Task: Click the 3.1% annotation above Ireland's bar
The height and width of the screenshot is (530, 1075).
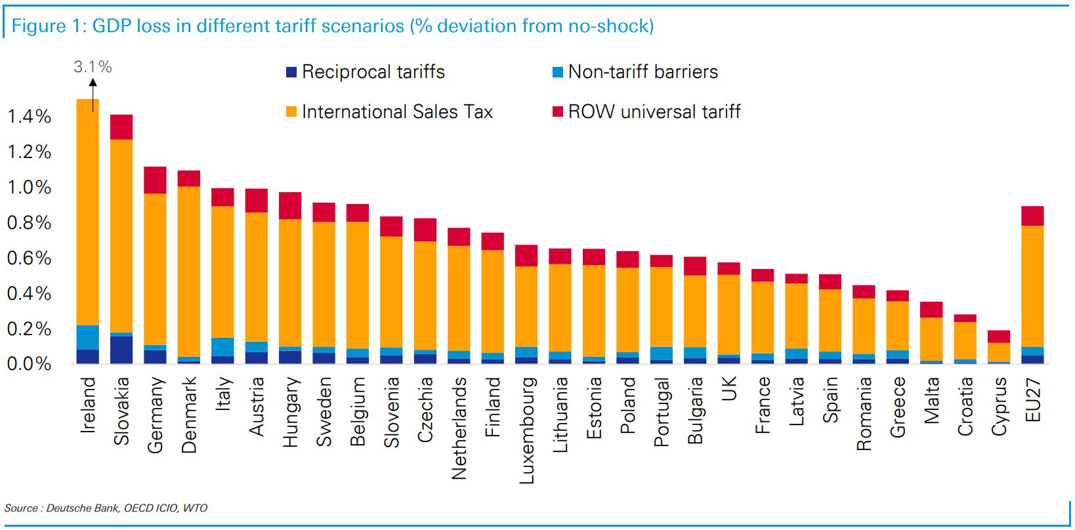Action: coord(93,67)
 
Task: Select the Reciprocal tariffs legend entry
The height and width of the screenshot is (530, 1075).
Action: coord(373,72)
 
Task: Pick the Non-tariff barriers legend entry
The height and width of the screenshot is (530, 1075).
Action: coord(643,72)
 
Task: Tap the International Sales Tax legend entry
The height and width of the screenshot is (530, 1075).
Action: coord(396,112)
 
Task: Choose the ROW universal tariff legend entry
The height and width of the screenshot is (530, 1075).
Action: coord(654,112)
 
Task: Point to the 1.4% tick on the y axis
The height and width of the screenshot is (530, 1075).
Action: coord(29,117)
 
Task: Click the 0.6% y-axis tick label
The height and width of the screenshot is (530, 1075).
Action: coord(29,258)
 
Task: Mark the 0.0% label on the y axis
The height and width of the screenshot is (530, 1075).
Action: coord(29,364)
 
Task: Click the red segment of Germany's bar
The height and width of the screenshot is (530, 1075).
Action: coord(155,180)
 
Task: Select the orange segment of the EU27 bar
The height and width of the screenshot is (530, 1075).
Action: coord(1032,286)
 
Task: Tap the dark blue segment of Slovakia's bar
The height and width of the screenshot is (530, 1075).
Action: coord(121,350)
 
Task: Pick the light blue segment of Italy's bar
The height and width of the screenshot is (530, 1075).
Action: coord(222,347)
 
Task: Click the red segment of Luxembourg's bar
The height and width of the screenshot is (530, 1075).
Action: coord(526,255)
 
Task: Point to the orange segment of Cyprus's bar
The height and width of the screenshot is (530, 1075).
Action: coord(999,352)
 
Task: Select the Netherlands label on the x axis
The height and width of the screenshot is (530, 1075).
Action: coord(459,428)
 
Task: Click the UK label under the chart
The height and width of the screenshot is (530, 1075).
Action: coord(729,388)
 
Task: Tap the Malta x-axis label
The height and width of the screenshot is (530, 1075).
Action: coord(931,400)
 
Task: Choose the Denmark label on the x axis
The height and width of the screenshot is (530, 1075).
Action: coord(189,415)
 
